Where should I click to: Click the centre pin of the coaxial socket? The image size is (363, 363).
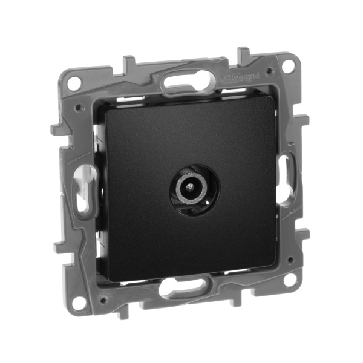[195, 188]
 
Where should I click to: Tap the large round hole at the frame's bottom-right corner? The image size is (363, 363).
[291, 280]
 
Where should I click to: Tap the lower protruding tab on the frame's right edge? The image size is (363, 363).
[306, 233]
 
